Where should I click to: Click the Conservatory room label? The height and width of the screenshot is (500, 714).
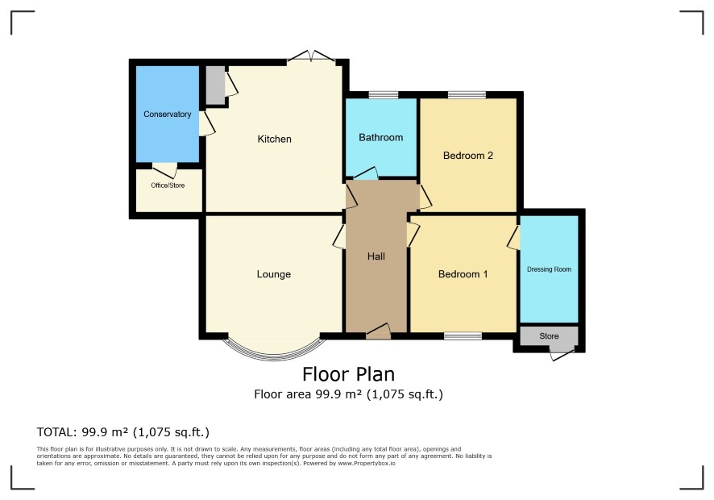[x=167, y=115]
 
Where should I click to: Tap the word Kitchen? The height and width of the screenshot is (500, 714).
[x=274, y=139]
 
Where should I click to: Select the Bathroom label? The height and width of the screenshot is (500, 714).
[x=380, y=137]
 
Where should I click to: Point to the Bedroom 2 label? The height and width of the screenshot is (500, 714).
[x=467, y=156]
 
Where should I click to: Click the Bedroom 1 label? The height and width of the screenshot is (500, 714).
[x=463, y=274]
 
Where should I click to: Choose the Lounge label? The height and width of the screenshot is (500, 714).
[x=274, y=274]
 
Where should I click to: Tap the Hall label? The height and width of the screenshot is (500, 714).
[x=376, y=256]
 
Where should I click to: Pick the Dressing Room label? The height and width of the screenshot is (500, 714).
[x=549, y=269]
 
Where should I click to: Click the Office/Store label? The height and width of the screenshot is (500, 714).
[x=168, y=185]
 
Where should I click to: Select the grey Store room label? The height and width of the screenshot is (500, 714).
[x=549, y=336]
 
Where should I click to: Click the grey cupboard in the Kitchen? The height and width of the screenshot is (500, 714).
[x=215, y=85]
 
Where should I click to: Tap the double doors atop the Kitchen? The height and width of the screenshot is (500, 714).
[x=311, y=56]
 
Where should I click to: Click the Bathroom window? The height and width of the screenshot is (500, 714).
[x=383, y=95]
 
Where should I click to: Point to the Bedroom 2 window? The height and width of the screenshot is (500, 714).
[x=467, y=95]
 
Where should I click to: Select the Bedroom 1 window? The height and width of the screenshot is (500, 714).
[x=463, y=336]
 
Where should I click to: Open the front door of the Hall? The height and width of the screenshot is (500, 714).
[x=379, y=331]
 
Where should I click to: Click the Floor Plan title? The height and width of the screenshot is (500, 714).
[x=348, y=374]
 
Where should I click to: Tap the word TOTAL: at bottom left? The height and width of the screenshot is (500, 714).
[x=56, y=432]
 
